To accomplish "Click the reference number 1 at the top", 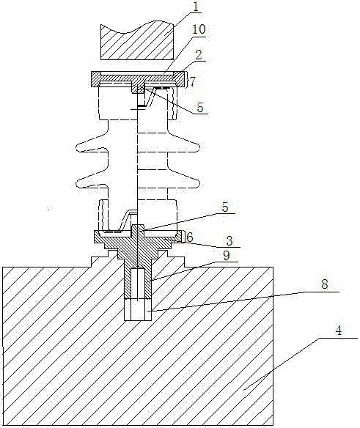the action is point(196,7).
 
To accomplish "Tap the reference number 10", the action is point(199,29).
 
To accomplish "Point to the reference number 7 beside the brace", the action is point(193,81).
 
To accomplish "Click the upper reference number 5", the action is point(200,108).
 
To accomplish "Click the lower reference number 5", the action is point(225,207).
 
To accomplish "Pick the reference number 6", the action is point(190,237).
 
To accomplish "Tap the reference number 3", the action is point(229,241).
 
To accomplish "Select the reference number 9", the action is point(227,256).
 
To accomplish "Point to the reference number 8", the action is point(324,284).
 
